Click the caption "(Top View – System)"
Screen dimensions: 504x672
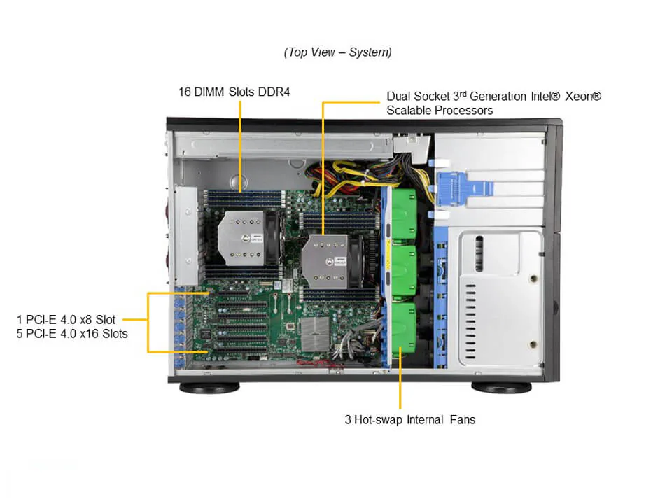[x=337, y=52]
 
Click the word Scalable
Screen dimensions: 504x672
[x=410, y=111]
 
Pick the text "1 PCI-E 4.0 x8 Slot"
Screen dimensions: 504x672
[x=66, y=320]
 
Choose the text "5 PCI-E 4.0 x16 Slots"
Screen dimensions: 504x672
[x=72, y=334]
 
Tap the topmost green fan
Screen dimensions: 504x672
[x=402, y=206]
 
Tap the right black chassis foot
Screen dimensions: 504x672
[x=500, y=387]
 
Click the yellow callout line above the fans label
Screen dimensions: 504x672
[x=400, y=385]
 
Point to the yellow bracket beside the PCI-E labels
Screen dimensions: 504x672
[x=148, y=322]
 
